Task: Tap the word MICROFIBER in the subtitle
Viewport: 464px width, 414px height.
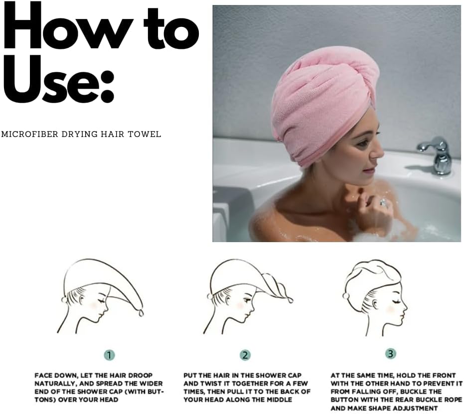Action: (x=30, y=134)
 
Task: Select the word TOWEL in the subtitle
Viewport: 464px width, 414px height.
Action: (x=145, y=134)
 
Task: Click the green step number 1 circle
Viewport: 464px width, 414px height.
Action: (x=109, y=355)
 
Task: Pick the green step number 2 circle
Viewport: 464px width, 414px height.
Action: (x=245, y=355)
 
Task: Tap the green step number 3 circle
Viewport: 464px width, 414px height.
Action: (x=391, y=354)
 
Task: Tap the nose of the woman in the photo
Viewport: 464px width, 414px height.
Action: (x=377, y=151)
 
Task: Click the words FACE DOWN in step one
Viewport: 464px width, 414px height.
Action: (x=55, y=376)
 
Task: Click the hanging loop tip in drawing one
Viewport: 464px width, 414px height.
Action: (x=141, y=312)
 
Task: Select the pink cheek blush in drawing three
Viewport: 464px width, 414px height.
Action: (x=391, y=309)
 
